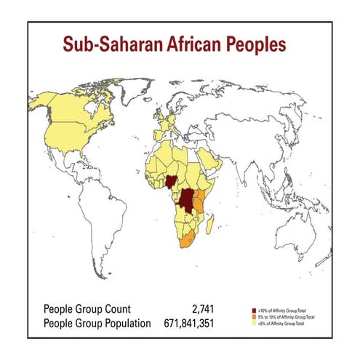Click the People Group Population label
97,323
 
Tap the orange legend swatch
252,317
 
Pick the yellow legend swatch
252,324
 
